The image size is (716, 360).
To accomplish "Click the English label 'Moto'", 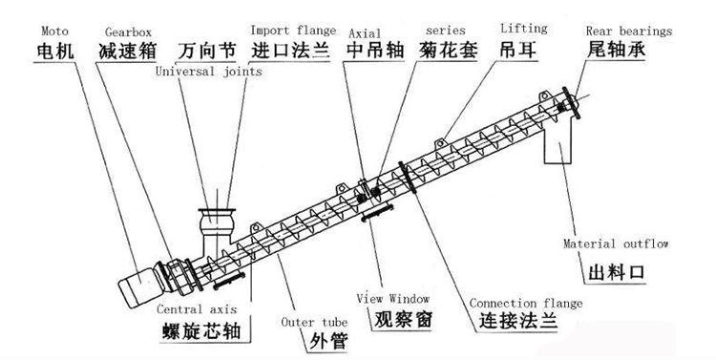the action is pos(54,32).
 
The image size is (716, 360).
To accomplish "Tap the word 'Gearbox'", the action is pos(128,32).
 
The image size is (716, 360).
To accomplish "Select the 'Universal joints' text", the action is pos(209,72).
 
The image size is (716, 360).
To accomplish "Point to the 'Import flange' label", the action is pos(293,31).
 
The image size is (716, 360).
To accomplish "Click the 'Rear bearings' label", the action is pos(629,32).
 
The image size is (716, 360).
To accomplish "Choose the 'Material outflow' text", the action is pos(616,244).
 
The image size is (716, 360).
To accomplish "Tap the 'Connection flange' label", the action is pos(526,303).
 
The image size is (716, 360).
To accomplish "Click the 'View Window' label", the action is pos(392,299).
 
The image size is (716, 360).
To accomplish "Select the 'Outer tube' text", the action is pos(314,322).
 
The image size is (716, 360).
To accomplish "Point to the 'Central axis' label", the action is pos(197,309).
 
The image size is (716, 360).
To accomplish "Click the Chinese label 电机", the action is pos(54,50).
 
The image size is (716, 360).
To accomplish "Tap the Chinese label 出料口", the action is pos(617,273).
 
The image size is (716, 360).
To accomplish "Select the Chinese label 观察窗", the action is pos(403,320).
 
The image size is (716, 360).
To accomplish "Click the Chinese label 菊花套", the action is pos(449,50).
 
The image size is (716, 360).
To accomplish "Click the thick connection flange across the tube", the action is pos(408,178).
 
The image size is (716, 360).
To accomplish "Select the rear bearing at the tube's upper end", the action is pos(571,103).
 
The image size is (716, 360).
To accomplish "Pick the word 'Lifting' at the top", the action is pos(524,29).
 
